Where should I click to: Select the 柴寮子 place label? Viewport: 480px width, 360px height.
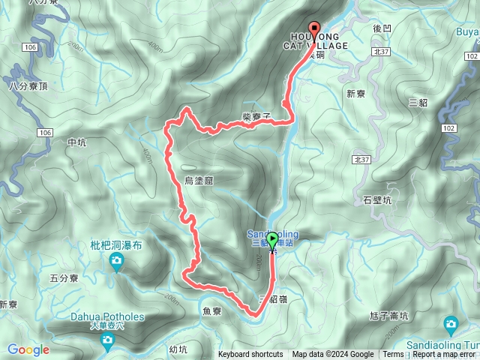click(x=256, y=116)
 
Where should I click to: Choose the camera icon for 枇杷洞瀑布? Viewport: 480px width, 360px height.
click(x=116, y=261)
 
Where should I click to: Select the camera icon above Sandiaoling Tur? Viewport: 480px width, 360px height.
click(x=451, y=324)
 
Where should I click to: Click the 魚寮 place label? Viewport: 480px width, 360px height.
click(x=211, y=310)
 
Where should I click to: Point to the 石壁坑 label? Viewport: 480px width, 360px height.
click(x=376, y=200)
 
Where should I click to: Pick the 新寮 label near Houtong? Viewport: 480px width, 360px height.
click(x=355, y=94)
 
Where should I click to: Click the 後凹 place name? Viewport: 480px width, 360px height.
click(x=382, y=28)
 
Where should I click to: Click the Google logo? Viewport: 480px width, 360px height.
click(x=28, y=349)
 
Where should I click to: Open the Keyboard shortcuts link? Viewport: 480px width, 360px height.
click(x=250, y=355)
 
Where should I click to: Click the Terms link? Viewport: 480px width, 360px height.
click(x=393, y=355)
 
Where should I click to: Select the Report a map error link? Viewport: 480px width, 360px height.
click(x=444, y=355)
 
